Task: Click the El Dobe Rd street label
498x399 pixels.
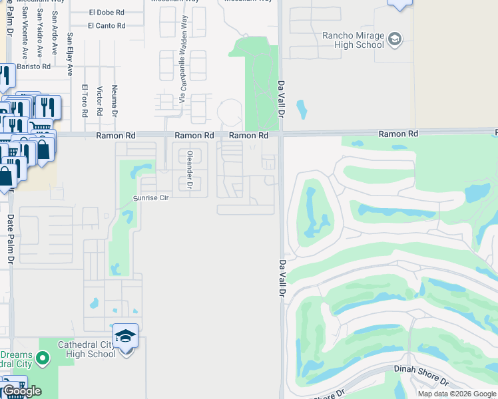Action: click(x=107, y=12)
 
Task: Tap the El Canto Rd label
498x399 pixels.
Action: click(x=107, y=26)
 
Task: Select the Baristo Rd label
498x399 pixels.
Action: click(x=34, y=66)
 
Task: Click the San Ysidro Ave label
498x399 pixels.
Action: click(x=39, y=33)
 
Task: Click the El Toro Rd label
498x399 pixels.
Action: click(x=85, y=100)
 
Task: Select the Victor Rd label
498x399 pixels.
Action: click(x=99, y=100)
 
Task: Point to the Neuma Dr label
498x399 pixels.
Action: click(x=115, y=100)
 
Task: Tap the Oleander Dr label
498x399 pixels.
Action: click(x=190, y=170)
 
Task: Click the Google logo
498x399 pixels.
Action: click(x=22, y=391)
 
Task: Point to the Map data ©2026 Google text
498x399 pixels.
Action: click(x=456, y=394)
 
